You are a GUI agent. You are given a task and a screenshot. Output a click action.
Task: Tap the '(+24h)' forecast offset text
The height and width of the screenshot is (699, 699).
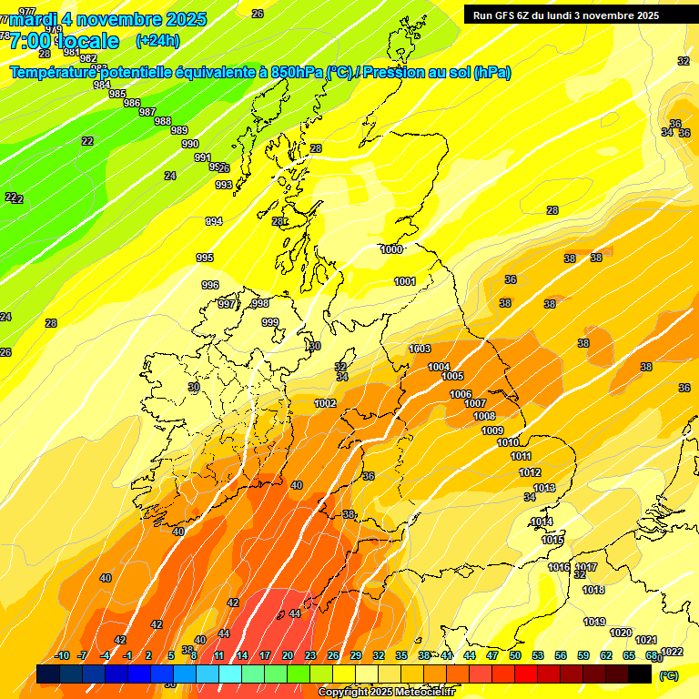157,41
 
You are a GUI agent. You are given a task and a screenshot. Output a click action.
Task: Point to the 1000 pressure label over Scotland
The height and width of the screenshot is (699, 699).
392,249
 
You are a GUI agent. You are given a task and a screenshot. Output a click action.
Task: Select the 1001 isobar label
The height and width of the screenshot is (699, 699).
405,281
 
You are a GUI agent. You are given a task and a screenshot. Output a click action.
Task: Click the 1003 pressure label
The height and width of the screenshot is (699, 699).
420,349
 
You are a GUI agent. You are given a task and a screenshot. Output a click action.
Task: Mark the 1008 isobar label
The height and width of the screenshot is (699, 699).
484,416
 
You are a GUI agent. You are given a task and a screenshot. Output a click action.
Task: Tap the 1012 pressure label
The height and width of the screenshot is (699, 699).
530,472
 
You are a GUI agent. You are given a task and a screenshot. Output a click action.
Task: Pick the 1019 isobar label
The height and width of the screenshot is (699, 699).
594,622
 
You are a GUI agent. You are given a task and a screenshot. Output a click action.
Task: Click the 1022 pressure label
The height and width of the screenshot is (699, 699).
672,651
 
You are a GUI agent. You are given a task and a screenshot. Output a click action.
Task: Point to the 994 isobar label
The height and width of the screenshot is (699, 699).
214,221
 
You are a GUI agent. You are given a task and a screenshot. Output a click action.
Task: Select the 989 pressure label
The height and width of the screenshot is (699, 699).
179,130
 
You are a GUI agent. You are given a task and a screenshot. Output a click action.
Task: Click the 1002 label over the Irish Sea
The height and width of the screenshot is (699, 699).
325,403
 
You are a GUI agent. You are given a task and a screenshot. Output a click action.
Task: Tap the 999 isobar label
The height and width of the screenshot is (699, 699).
270,322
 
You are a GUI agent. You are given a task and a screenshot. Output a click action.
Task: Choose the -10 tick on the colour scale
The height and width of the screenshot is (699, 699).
62,655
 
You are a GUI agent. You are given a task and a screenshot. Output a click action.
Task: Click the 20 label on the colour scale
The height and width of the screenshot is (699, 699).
288,655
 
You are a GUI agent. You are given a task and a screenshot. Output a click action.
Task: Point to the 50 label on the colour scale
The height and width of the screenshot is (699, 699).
515,655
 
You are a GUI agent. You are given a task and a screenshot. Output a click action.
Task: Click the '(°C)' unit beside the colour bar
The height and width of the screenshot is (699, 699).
668,674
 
